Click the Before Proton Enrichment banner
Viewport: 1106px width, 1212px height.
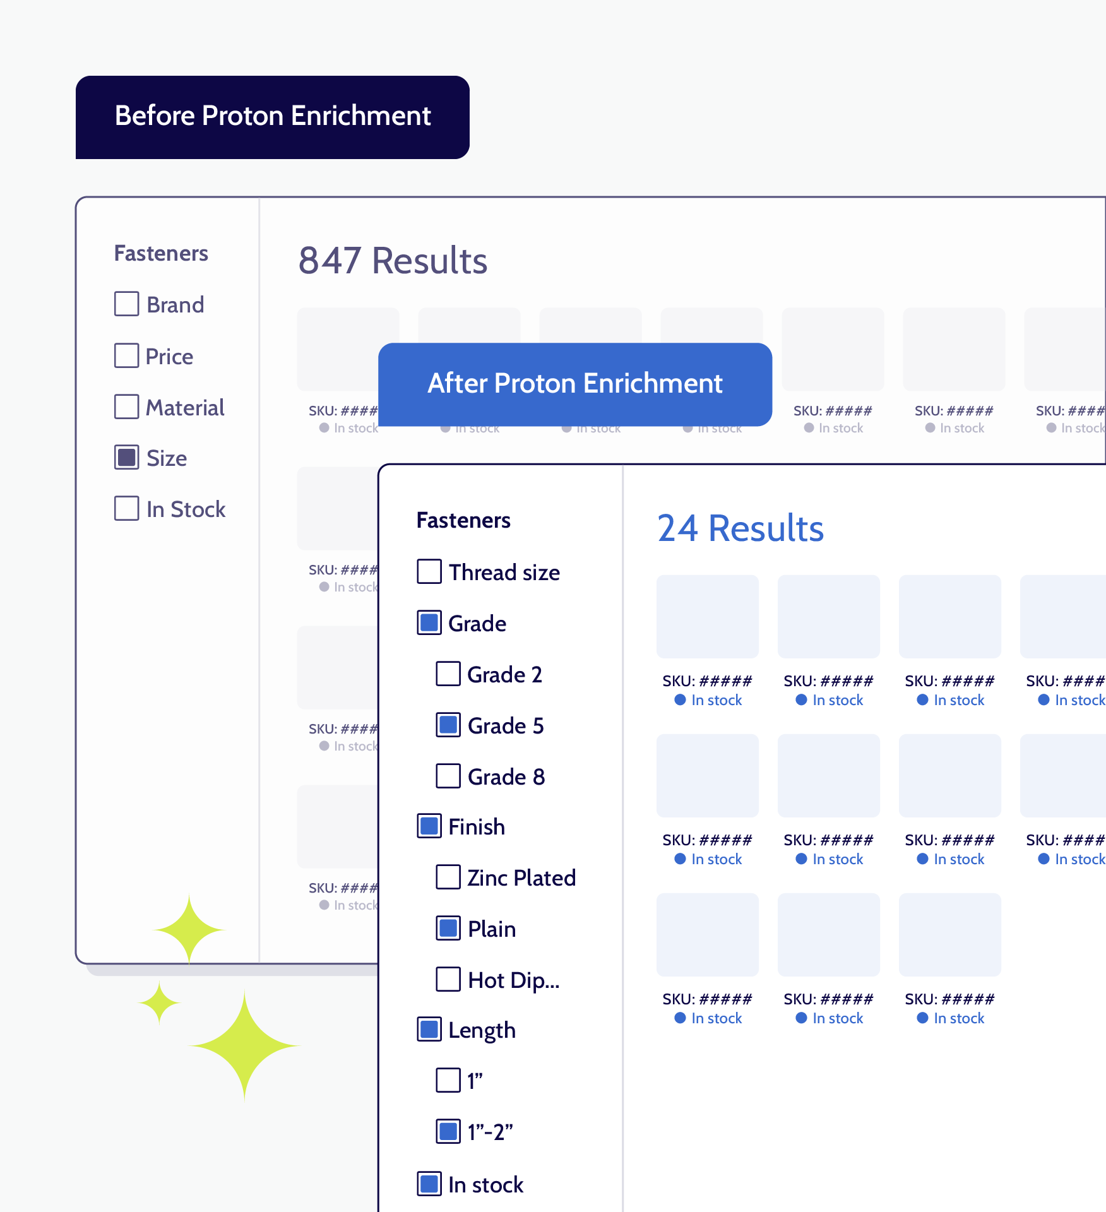pos(273,117)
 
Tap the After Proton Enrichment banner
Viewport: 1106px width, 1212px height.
pos(574,384)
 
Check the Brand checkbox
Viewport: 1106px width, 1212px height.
pos(127,304)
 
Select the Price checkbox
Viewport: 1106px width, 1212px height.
pos(127,355)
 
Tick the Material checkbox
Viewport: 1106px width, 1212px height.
pos(127,407)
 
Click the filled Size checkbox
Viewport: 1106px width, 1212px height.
pos(127,457)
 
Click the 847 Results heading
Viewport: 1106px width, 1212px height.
pos(393,261)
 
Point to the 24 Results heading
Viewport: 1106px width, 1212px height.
pos(740,528)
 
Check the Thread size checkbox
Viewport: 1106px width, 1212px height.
pos(429,571)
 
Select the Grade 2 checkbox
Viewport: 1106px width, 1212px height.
pos(448,674)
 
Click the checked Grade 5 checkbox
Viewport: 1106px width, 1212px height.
pos(448,725)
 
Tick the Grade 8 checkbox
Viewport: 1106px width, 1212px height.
pos(448,776)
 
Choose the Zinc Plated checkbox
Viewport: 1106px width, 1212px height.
pos(448,877)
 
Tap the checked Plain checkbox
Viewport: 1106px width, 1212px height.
pos(448,928)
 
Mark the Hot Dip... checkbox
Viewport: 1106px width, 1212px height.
pos(448,979)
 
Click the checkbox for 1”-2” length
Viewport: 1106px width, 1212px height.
pos(448,1131)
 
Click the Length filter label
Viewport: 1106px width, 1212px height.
pos(482,1030)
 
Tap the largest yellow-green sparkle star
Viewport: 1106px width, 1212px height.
pos(244,1046)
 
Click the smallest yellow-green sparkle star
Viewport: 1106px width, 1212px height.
pos(160,1002)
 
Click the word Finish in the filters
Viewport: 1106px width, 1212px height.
pos(477,827)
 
